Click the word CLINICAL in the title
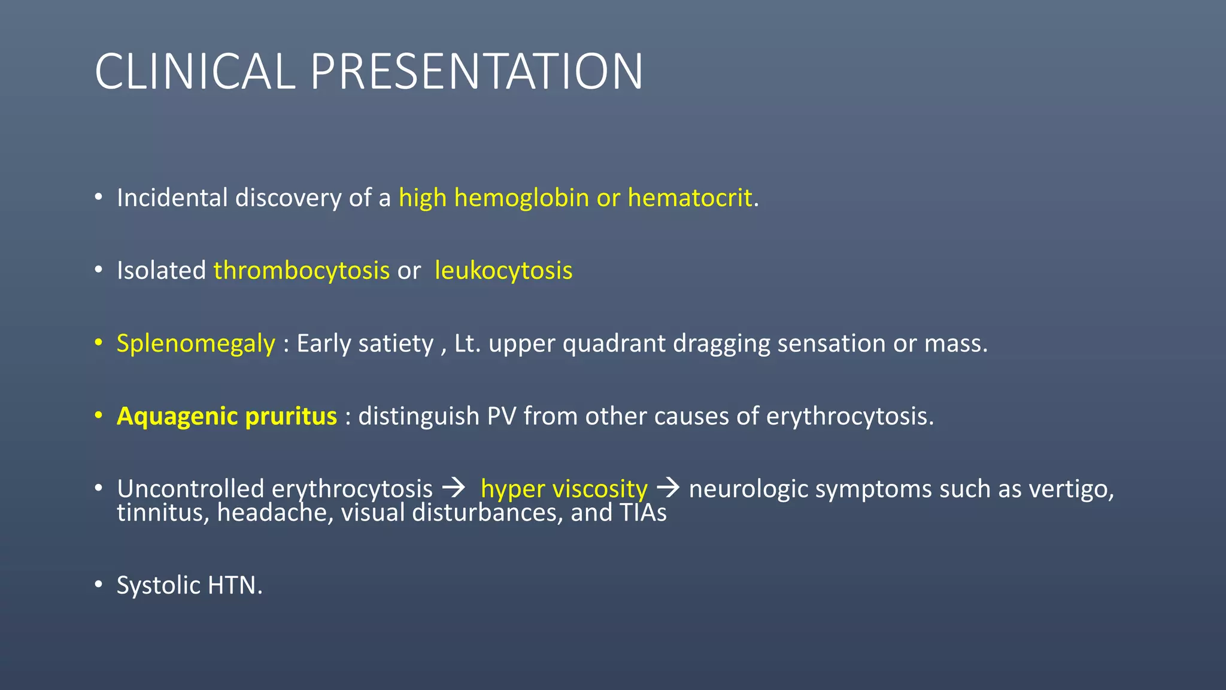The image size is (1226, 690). (x=195, y=72)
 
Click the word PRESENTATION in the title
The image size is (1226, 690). (x=477, y=72)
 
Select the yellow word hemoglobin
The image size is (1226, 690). (x=521, y=198)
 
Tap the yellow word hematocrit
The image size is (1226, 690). (x=690, y=198)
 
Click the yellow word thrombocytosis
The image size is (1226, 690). (x=302, y=271)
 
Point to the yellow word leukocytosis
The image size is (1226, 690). (x=503, y=271)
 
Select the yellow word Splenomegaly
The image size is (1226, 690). (x=196, y=344)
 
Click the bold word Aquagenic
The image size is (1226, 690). (x=177, y=416)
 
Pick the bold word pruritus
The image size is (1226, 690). (x=291, y=416)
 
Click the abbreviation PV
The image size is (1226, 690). (x=502, y=416)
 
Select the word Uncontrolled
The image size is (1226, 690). (x=190, y=489)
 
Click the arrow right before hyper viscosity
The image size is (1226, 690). (x=454, y=488)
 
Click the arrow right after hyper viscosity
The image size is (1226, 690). (x=668, y=488)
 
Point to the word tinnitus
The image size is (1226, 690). (x=163, y=513)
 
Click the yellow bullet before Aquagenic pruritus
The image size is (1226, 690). (x=99, y=416)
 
